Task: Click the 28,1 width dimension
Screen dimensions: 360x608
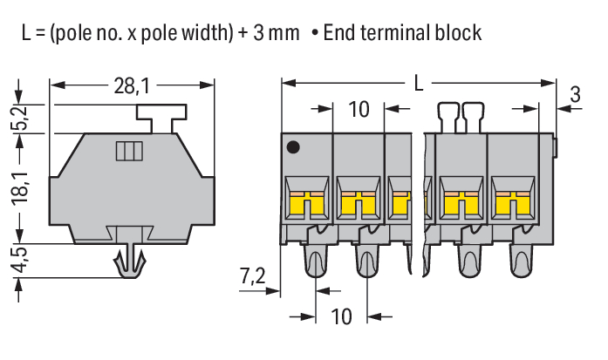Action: (x=132, y=85)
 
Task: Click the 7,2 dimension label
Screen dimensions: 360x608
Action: (x=251, y=277)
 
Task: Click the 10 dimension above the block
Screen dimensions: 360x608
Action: (x=359, y=110)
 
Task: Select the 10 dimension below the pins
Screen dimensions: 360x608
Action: (x=341, y=316)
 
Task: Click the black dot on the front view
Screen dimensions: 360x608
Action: (x=295, y=148)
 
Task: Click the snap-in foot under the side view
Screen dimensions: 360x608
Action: (x=128, y=262)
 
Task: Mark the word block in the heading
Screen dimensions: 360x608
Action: (x=455, y=34)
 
